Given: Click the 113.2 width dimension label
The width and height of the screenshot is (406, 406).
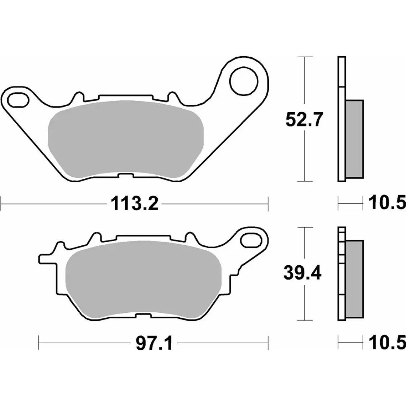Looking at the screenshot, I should [x=134, y=204].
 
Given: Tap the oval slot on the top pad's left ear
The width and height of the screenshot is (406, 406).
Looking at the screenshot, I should [x=17, y=99].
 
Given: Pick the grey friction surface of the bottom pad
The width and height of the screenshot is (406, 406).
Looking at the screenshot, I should [x=142, y=278].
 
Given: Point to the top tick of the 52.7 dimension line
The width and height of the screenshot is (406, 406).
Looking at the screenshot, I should [x=304, y=57].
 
